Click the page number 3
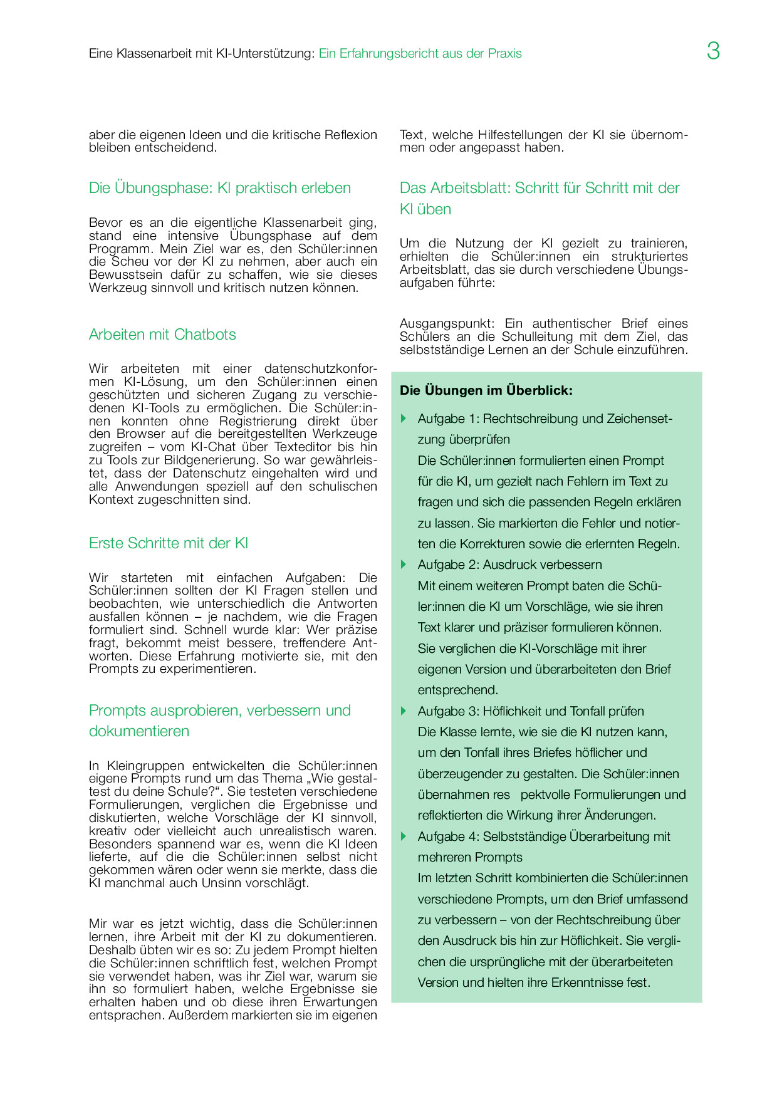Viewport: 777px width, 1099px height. click(713, 51)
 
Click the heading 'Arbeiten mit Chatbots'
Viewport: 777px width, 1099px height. click(162, 335)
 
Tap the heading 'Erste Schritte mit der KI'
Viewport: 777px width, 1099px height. click(169, 543)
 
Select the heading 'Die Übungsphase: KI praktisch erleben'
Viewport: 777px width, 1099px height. click(219, 188)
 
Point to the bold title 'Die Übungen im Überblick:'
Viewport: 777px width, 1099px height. click(486, 390)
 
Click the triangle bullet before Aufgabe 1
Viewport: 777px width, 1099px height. click(404, 419)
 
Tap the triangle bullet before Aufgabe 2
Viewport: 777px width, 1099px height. click(404, 565)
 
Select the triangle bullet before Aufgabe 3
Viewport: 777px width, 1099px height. click(404, 711)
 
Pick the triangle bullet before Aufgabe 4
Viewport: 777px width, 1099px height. click(404, 836)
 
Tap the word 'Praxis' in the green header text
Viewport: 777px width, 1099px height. click(505, 54)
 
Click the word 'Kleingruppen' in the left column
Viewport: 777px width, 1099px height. click(146, 766)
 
